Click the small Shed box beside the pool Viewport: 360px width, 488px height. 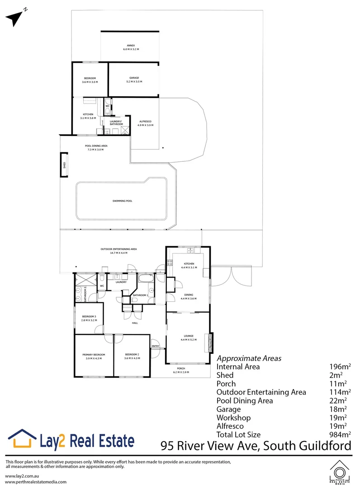coord(65,164)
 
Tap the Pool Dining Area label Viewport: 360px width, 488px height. coord(96,147)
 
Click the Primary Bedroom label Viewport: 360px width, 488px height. coord(94,356)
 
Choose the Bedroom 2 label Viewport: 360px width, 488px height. coord(132,356)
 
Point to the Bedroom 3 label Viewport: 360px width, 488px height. coord(88,318)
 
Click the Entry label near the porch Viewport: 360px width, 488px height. coord(156,346)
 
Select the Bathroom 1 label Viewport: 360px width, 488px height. coord(140,295)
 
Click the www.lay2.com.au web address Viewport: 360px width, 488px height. coord(21,476)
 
